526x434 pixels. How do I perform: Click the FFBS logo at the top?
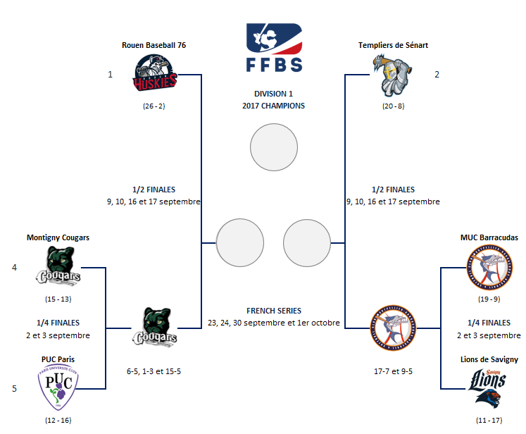click(x=274, y=47)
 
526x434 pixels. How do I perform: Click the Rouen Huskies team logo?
click(x=156, y=75)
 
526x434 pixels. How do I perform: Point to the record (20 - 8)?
click(x=393, y=106)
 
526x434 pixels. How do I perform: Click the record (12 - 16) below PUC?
click(x=58, y=421)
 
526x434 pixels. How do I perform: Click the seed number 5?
click(x=13, y=387)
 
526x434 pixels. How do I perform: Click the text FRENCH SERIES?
click(x=274, y=311)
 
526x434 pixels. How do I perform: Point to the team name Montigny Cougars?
click(x=58, y=237)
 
